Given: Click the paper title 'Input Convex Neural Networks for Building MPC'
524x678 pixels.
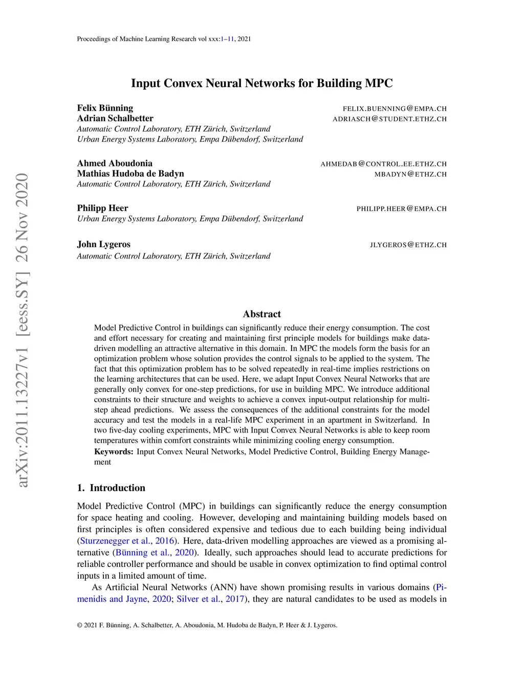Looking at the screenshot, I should click(x=261, y=83).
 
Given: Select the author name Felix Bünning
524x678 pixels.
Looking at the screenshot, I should click(x=105, y=108).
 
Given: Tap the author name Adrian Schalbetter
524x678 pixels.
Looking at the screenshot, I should click(x=115, y=118).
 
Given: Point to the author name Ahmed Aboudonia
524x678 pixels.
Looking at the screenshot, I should click(x=115, y=163).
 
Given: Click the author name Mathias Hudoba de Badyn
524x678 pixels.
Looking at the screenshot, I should click(x=130, y=173).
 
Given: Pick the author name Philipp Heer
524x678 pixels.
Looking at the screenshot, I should click(x=102, y=208).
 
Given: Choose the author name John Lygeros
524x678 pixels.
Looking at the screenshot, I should click(x=103, y=244).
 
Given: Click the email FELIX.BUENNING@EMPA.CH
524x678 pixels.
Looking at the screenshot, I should click(x=395, y=108).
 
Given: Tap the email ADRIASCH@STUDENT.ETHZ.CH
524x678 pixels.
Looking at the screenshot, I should click(x=389, y=119).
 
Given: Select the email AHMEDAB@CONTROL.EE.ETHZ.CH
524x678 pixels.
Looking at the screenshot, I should click(x=383, y=164).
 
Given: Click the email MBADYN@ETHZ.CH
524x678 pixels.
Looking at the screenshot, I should click(x=410, y=174).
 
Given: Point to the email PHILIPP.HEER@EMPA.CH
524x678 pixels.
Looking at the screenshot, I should click(x=401, y=209).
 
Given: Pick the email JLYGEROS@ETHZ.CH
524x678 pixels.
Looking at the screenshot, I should click(x=408, y=245).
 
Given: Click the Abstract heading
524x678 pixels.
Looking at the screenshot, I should click(x=261, y=314).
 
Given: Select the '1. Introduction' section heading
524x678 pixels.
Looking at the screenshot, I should click(x=111, y=488).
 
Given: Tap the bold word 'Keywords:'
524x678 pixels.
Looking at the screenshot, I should click(x=114, y=451).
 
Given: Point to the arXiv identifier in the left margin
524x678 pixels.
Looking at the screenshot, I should click(x=22, y=330).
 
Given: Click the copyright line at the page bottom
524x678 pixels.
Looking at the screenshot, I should click(x=207, y=625).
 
